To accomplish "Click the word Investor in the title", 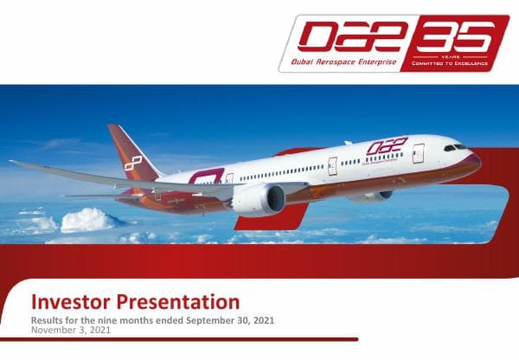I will pyautogui.click(x=68, y=303).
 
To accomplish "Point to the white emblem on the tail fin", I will pyautogui.click(x=132, y=163).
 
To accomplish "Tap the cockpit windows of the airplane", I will pyautogui.click(x=456, y=147).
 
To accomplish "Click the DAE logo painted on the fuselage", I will pyautogui.click(x=386, y=147).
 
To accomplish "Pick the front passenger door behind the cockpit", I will pyautogui.click(x=418, y=153).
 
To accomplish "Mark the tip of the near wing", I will pyautogui.click(x=12, y=162).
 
